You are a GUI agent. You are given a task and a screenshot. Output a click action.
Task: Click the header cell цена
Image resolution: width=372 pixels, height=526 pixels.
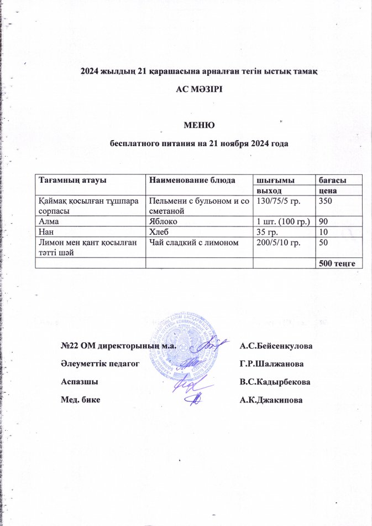[x=325, y=190]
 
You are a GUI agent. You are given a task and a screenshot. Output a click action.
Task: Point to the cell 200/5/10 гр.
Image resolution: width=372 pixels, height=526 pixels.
[x=276, y=240]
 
